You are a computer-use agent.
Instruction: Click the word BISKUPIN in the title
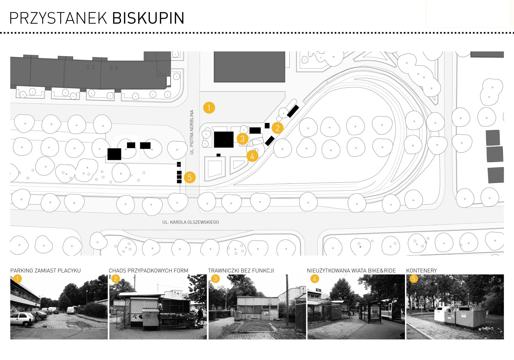point(148,18)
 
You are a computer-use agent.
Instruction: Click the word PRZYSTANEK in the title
point(59,18)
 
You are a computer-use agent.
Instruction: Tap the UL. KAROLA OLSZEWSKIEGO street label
point(191,222)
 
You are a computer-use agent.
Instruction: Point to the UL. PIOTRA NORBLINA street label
point(192,132)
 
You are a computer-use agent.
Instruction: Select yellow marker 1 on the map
point(209,108)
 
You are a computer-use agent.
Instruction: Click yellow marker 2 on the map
point(277,128)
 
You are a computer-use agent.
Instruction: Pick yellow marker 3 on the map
point(243,138)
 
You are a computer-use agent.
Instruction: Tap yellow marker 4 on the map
point(252,156)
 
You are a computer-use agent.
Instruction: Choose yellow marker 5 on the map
point(190,178)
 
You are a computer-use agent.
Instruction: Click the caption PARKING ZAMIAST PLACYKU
point(46,271)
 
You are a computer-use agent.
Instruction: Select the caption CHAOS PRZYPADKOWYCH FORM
point(148,271)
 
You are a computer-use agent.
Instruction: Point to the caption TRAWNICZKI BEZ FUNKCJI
point(241,271)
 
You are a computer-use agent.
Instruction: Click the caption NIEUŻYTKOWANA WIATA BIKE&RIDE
point(351,271)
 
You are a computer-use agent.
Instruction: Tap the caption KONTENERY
point(421,271)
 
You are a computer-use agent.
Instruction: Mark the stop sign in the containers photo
point(422,302)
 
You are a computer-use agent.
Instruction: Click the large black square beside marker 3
point(224,139)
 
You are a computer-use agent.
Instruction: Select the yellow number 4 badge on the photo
point(315,279)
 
